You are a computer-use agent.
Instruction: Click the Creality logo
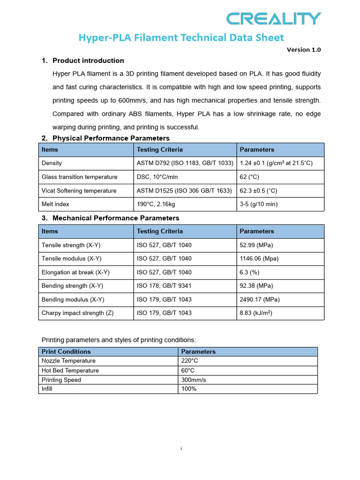274,18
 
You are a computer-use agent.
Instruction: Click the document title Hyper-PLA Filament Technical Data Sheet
181,37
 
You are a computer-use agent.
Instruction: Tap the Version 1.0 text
304,50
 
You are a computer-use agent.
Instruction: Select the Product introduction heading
88,60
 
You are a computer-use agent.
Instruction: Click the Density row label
52,163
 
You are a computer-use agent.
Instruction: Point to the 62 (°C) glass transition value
249,177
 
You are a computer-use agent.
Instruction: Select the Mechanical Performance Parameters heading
115,218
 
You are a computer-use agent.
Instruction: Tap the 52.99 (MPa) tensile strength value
256,245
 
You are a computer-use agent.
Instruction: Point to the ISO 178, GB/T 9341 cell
164,285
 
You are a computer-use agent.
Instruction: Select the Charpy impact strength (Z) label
77,313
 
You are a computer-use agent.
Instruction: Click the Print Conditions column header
66,352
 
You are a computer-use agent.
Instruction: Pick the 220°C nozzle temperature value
189,361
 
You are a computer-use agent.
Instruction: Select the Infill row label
47,389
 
